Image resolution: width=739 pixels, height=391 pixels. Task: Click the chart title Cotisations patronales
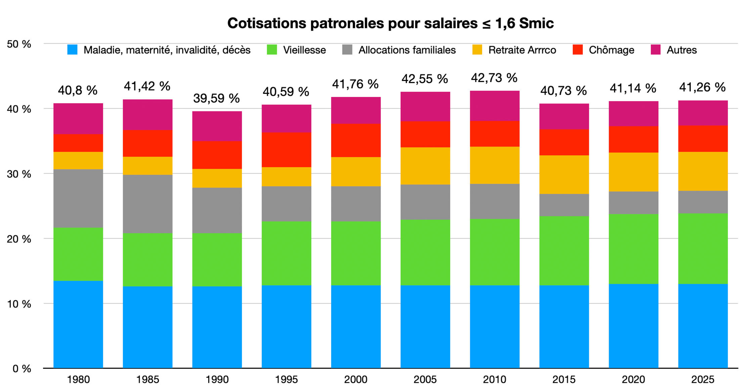pos(390,23)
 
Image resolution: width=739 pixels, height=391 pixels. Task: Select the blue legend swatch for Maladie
pos(72,50)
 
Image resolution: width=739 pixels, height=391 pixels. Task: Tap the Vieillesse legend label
pos(304,50)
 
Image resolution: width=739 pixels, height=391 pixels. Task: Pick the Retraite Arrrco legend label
pos(522,50)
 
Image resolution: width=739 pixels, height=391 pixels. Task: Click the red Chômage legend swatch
pos(577,50)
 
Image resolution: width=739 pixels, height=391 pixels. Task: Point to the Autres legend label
pos(681,50)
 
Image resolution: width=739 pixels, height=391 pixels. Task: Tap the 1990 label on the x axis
pos(217,380)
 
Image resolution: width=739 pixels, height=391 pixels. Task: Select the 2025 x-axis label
pos(702,380)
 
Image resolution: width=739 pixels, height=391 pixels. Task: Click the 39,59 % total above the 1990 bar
pos(216,98)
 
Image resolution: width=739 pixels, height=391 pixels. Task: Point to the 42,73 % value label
pos(494,78)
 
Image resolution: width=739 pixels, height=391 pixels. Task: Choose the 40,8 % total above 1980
pos(78,90)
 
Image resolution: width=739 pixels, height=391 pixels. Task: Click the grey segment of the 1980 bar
pos(78,198)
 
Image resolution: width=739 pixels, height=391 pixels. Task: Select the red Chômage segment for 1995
pos(286,150)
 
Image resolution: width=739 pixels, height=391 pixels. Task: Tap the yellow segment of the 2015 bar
pos(564,174)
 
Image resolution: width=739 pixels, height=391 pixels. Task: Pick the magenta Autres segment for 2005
pos(425,107)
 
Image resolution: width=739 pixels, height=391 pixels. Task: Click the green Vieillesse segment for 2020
pos(633,249)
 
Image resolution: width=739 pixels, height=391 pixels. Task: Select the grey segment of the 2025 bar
pos(703,202)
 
